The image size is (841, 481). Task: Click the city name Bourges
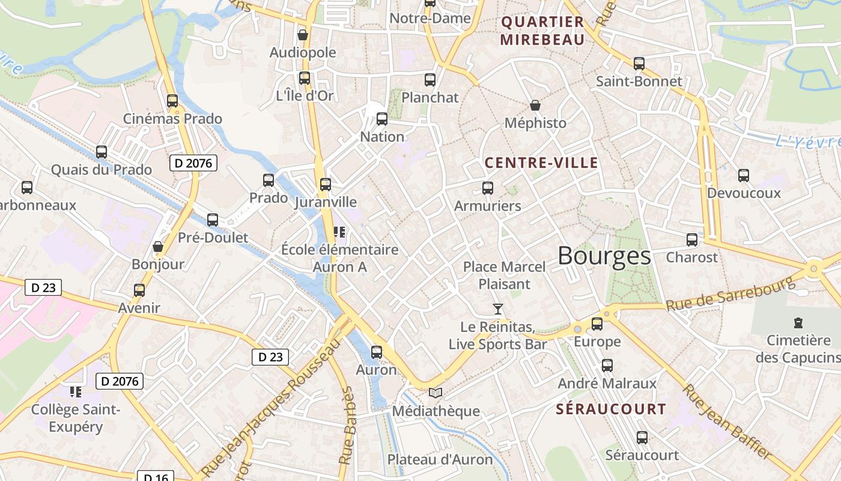tap(604, 256)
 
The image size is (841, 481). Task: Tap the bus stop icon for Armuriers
tap(488, 188)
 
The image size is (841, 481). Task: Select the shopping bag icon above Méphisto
tap(535, 106)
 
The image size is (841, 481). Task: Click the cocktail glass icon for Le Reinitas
tap(497, 309)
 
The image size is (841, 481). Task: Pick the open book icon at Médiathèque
tap(436, 393)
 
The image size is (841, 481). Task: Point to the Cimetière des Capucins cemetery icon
tap(798, 323)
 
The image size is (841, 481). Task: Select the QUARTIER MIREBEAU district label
tap(542, 31)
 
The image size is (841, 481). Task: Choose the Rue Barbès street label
tap(347, 426)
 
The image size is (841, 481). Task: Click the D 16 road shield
tap(155, 476)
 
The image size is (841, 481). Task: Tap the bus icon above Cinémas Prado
tap(172, 101)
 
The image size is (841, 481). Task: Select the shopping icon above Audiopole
tap(303, 35)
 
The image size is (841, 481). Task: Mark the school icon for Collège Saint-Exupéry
tap(75, 392)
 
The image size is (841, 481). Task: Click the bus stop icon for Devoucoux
tap(744, 176)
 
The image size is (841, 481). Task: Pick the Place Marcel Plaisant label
tap(505, 275)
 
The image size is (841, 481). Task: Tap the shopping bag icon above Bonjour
tap(158, 247)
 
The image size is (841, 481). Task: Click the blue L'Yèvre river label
tap(807, 142)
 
